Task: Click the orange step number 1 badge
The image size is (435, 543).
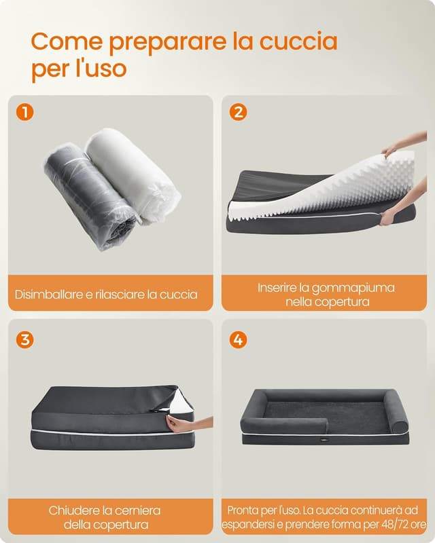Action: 24,113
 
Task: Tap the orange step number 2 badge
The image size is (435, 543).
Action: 238,113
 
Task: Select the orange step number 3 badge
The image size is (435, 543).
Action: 24,339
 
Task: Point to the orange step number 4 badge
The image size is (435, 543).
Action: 238,339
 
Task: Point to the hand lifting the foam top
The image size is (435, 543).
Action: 398,145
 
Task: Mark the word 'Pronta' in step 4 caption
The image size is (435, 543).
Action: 243,510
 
